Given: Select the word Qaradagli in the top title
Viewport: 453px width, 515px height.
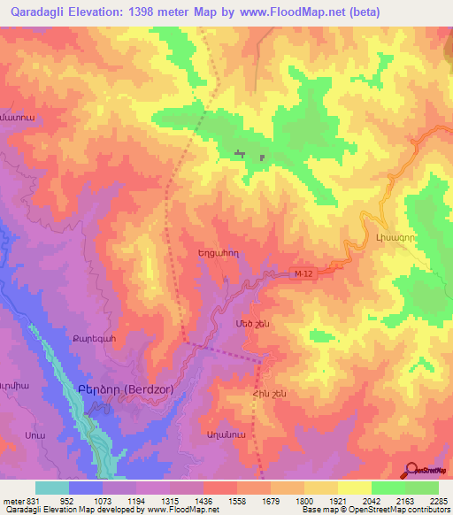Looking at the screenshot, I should [x=40, y=12].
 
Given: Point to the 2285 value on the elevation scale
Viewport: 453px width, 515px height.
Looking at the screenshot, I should [x=437, y=500].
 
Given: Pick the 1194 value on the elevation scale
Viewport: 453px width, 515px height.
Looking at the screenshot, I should [x=137, y=500].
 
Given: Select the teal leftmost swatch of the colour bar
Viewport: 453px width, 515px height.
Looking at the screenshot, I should [x=52, y=488].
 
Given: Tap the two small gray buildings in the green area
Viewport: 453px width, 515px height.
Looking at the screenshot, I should [x=250, y=156].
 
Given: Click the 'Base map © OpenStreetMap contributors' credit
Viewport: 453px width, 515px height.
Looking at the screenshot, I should [x=372, y=510].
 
